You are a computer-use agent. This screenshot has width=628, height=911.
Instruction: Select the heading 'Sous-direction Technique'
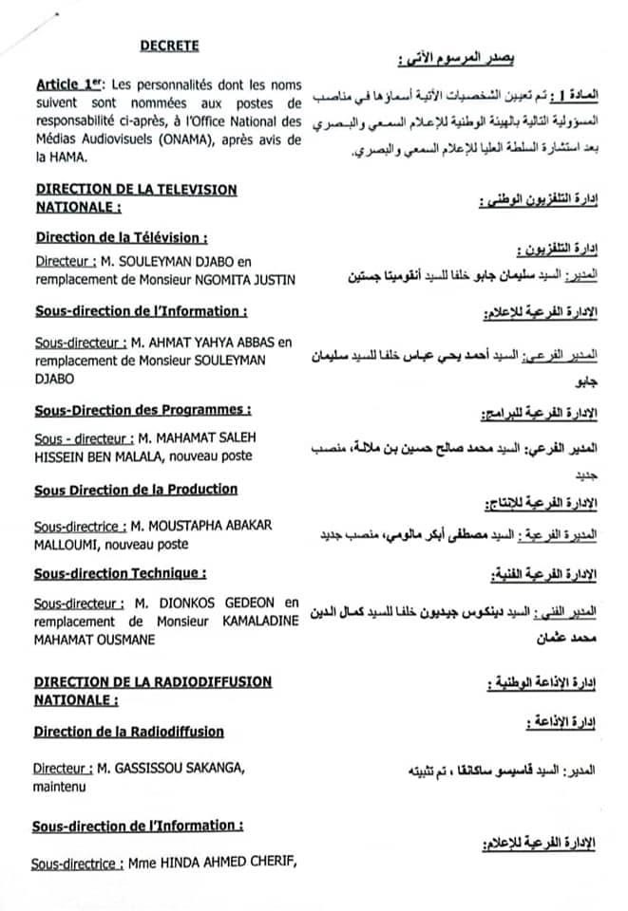click(x=120, y=573)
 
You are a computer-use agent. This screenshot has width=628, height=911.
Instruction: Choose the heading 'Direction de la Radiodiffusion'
click(x=129, y=731)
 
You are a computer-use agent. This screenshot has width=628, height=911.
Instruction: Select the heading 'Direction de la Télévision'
click(x=121, y=237)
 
